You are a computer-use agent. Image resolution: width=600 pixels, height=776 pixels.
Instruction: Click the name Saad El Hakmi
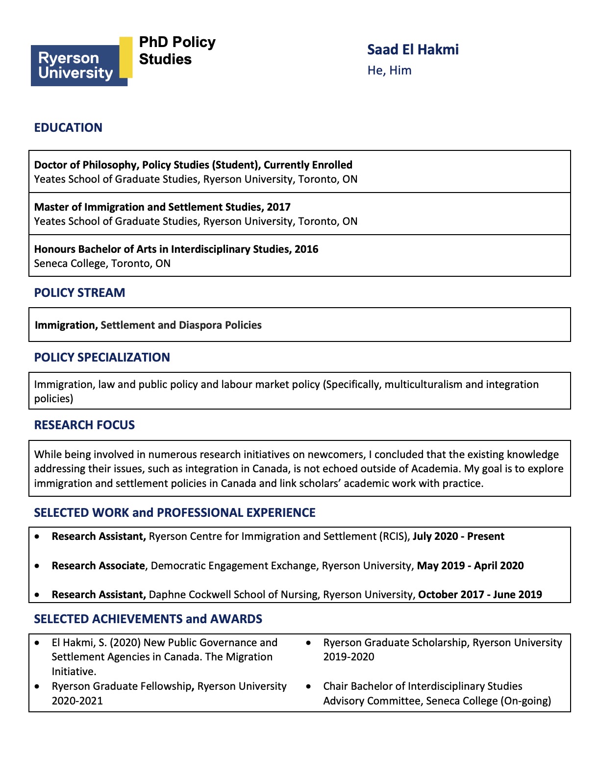[413, 49]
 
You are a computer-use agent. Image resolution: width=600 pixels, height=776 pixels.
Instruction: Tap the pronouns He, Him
[389, 71]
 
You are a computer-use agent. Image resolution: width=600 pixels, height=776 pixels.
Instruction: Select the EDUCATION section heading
[68, 128]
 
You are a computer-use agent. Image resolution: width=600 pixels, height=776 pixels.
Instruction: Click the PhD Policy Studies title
[177, 50]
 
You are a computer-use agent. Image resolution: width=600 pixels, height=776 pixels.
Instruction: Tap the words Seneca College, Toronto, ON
[102, 264]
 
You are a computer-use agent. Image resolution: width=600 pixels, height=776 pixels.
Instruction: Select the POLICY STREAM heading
[79, 293]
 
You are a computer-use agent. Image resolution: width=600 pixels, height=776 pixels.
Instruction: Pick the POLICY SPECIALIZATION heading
[102, 358]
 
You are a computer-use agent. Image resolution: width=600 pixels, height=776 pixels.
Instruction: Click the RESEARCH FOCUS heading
[84, 425]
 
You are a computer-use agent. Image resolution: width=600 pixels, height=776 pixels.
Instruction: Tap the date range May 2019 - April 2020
[470, 566]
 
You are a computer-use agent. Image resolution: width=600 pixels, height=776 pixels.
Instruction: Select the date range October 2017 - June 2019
[480, 595]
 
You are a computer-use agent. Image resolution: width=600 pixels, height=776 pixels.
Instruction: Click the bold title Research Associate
[98, 566]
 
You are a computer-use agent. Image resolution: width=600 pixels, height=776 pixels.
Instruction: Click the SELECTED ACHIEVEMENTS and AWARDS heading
[148, 619]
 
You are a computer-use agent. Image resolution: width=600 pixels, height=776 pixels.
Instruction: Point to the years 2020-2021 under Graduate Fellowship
[77, 701]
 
